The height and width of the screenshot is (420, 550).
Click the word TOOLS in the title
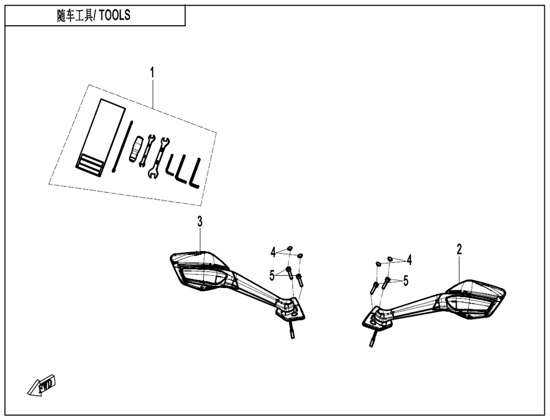click(x=114, y=15)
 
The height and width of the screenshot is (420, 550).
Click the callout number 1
click(x=152, y=74)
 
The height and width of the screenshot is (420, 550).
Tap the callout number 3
click(x=200, y=222)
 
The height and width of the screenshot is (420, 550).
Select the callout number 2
click(x=459, y=250)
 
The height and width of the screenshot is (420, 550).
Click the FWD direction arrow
click(x=42, y=385)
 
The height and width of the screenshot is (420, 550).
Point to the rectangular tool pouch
click(x=100, y=137)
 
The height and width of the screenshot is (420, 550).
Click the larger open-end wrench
click(x=158, y=157)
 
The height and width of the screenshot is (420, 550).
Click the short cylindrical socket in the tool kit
click(x=135, y=149)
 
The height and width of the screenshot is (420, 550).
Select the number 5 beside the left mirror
click(x=272, y=276)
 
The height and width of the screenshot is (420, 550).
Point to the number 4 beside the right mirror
click(x=409, y=261)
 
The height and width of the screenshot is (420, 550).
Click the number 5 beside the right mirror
click(x=406, y=281)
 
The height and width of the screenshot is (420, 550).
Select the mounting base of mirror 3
click(x=290, y=308)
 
